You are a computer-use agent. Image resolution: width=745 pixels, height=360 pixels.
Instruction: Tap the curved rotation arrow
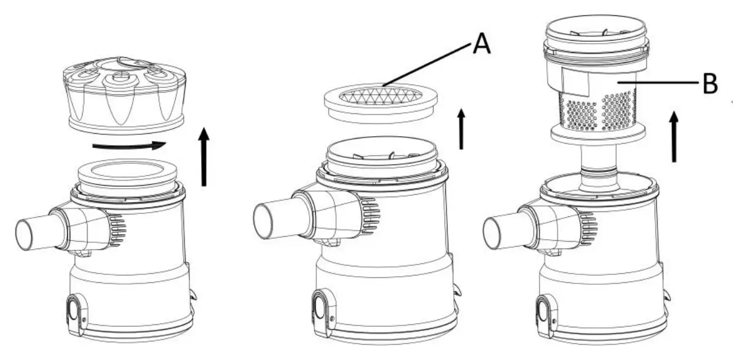[130, 146]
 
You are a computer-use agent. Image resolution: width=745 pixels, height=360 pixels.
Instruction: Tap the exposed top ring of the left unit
[128, 174]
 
